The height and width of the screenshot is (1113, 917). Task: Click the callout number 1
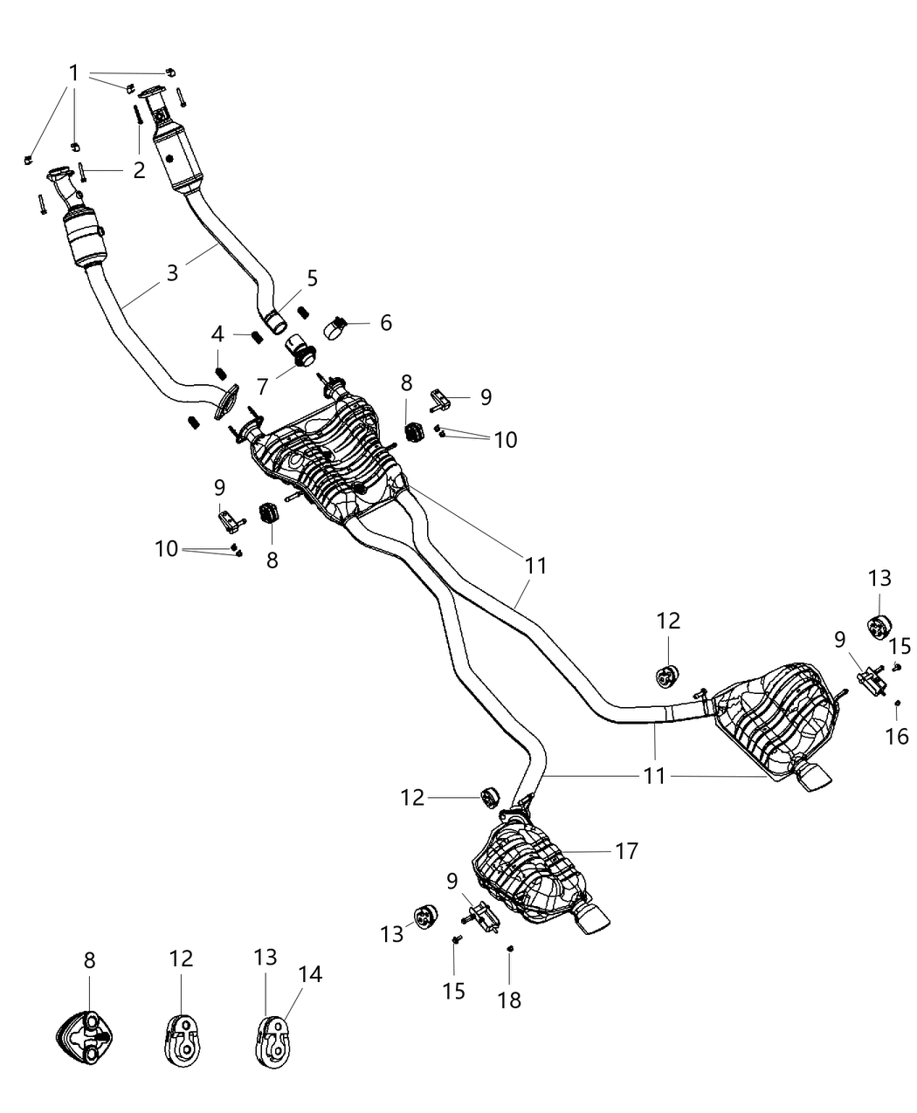tap(74, 72)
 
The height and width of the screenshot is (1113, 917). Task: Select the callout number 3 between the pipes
tap(173, 271)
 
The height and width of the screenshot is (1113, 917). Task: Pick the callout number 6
tap(385, 322)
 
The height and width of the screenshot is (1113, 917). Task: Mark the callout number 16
tap(897, 736)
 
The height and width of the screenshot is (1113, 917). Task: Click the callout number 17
tap(627, 849)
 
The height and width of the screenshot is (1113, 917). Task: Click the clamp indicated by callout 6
tap(336, 328)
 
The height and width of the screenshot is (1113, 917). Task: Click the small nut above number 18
tap(509, 949)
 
